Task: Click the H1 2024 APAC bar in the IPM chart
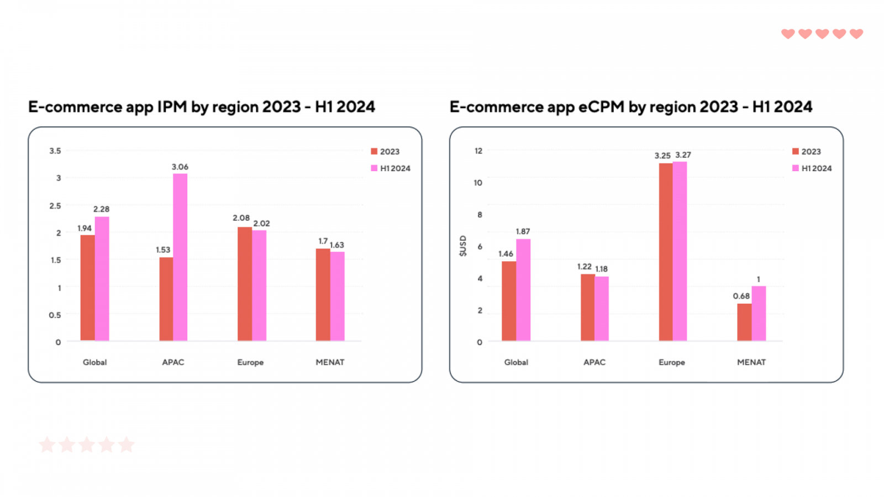(x=180, y=257)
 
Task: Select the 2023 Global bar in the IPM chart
(x=87, y=288)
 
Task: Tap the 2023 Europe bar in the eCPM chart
(x=666, y=252)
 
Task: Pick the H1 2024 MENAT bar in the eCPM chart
(x=759, y=313)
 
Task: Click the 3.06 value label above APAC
(x=180, y=167)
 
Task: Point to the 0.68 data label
(x=741, y=296)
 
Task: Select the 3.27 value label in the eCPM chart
(x=683, y=155)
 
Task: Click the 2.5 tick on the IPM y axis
(x=55, y=205)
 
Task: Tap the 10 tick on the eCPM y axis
(x=478, y=183)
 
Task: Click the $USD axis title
(x=463, y=246)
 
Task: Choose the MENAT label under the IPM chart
(x=330, y=362)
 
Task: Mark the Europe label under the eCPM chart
(x=672, y=362)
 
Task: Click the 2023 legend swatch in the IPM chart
(x=374, y=151)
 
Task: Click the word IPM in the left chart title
(x=172, y=107)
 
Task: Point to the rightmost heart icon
(x=856, y=34)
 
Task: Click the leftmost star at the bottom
(x=47, y=445)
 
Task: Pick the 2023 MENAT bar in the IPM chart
(x=323, y=294)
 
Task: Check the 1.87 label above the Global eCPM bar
(x=523, y=231)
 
